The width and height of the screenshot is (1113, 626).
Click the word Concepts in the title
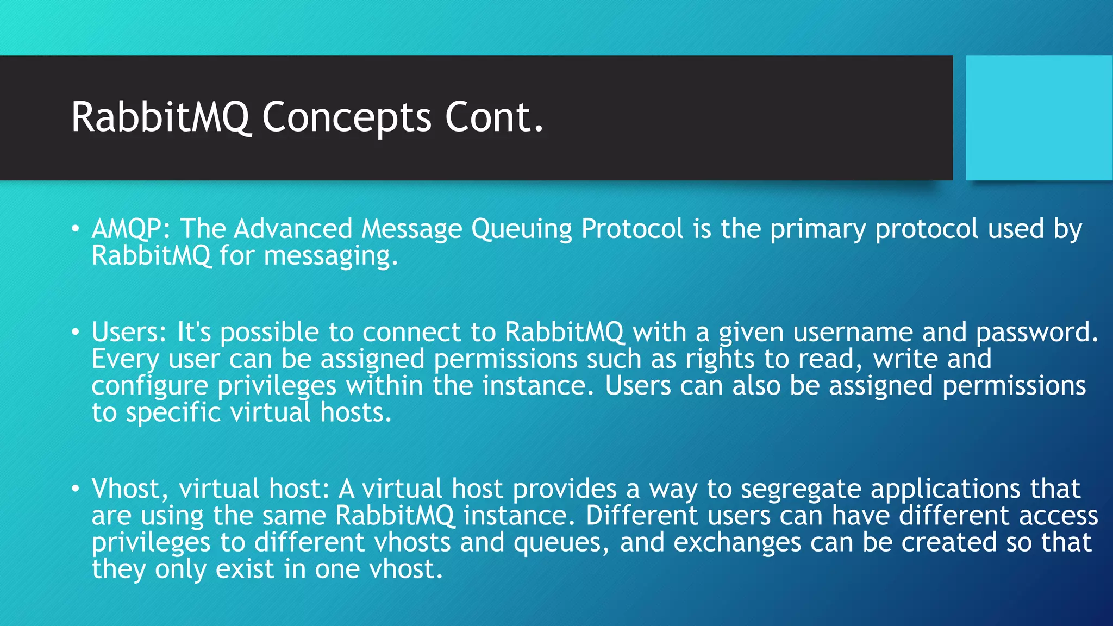tap(347, 117)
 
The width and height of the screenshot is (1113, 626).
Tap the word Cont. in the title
tap(494, 117)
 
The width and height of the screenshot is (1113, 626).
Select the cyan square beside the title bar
tap(1039, 118)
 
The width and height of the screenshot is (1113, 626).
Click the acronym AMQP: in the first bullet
tap(131, 229)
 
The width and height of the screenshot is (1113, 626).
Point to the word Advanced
tap(293, 229)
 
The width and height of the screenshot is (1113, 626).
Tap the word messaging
tap(331, 256)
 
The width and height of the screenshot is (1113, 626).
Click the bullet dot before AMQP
tap(76, 228)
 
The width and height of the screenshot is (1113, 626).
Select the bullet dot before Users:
tap(76, 331)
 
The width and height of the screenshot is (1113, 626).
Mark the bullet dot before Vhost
tap(76, 489)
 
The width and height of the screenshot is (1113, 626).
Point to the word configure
tap(149, 386)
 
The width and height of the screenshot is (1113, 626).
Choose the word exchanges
tap(737, 542)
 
